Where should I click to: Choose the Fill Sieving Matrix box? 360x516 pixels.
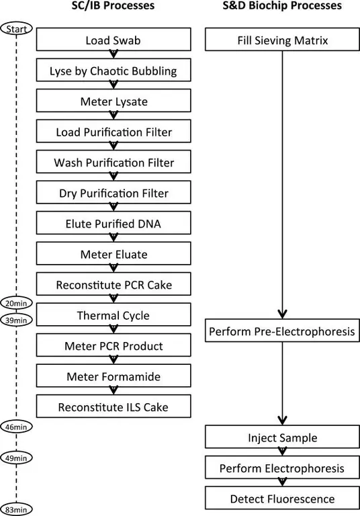[x=283, y=40]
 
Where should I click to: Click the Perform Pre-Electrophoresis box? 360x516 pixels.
[x=283, y=331]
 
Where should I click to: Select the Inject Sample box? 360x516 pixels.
[x=283, y=438]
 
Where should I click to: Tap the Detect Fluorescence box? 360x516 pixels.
[x=283, y=499]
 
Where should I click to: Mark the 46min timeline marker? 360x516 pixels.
[x=17, y=427]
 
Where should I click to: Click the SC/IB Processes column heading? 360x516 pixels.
[x=112, y=7]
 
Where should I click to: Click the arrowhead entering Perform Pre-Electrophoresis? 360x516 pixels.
[x=283, y=313]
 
